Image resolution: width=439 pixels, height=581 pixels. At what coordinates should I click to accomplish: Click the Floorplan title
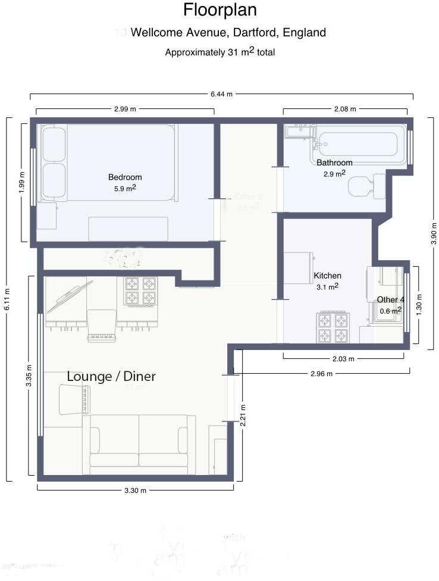(x=219, y=10)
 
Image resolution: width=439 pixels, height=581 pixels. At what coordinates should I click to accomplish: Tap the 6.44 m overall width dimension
(x=221, y=94)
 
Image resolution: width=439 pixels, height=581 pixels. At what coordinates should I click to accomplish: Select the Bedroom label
(x=125, y=177)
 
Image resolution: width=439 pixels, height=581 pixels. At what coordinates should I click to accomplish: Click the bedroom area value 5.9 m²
(x=125, y=188)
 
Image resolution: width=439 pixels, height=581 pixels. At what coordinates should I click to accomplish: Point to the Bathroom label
(x=334, y=163)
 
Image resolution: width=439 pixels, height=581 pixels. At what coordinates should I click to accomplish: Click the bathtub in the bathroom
(x=358, y=144)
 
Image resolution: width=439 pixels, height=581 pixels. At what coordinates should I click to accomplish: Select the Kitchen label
(x=328, y=276)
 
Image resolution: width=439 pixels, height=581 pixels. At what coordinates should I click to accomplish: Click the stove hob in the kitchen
(x=334, y=327)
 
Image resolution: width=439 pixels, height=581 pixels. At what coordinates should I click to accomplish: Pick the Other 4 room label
(x=390, y=299)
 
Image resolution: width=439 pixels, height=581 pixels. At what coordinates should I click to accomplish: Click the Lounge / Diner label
(x=111, y=376)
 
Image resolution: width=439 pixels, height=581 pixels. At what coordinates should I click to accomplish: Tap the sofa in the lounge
(x=139, y=441)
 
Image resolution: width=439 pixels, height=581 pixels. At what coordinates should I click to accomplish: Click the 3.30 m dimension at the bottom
(x=136, y=490)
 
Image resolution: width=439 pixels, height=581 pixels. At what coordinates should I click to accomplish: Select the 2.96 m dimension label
(x=322, y=373)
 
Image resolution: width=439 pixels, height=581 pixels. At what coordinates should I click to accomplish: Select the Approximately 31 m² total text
(x=219, y=52)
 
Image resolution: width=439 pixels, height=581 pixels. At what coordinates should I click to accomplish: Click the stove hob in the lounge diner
(x=140, y=290)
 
